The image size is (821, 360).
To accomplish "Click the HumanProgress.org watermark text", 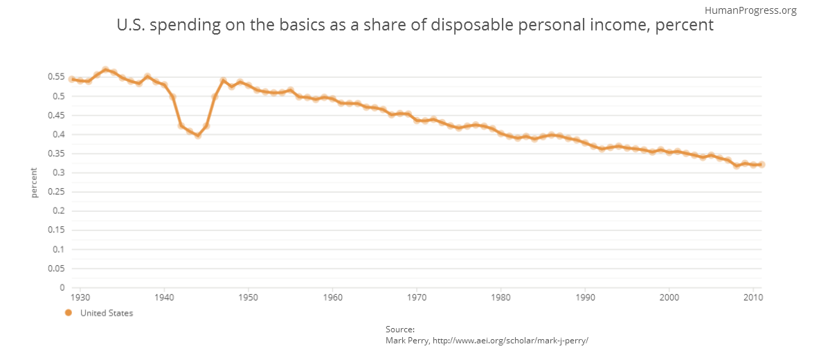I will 750,10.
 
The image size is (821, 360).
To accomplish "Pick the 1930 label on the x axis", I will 80,297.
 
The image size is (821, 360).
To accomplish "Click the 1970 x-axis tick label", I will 417,297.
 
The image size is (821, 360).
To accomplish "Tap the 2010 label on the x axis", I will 753,297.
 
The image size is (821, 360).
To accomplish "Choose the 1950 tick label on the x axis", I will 249,297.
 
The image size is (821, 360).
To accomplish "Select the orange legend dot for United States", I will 68,313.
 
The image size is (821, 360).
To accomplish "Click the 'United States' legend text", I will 107,313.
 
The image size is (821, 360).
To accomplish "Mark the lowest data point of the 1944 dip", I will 198,135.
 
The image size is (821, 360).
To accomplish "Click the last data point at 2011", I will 761,164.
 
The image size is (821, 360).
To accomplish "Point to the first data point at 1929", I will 72,79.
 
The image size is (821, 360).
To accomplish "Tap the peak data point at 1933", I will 105,70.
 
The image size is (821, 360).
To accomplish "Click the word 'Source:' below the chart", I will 400,329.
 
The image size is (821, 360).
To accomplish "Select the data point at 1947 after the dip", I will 223,81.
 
